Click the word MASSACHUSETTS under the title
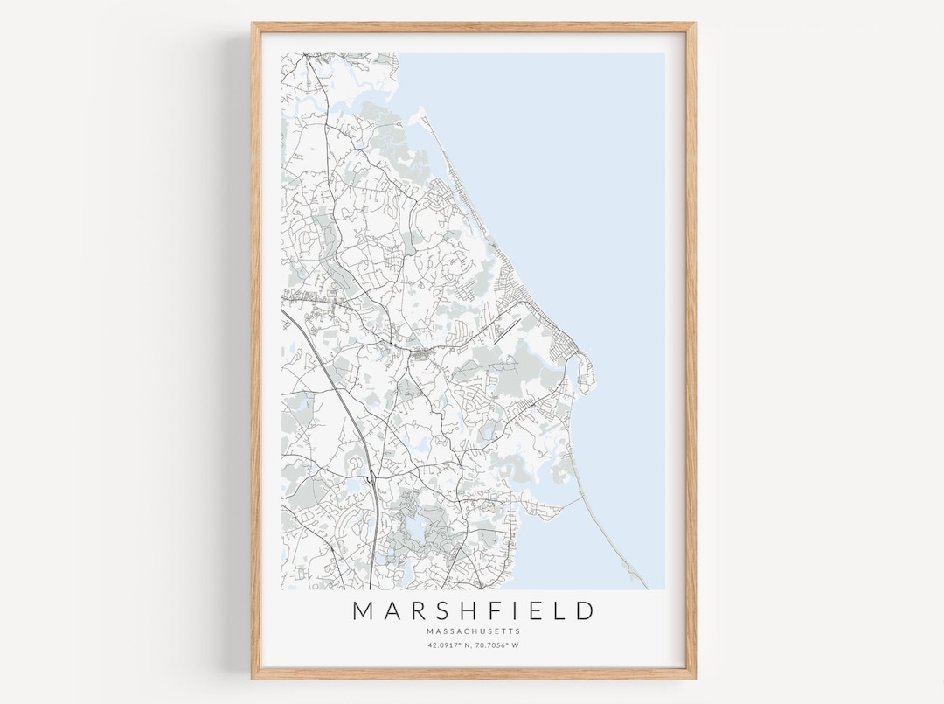coord(473,631)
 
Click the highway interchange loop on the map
coord(371,479)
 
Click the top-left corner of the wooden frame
coord(253,25)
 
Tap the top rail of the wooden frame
coord(473,26)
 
